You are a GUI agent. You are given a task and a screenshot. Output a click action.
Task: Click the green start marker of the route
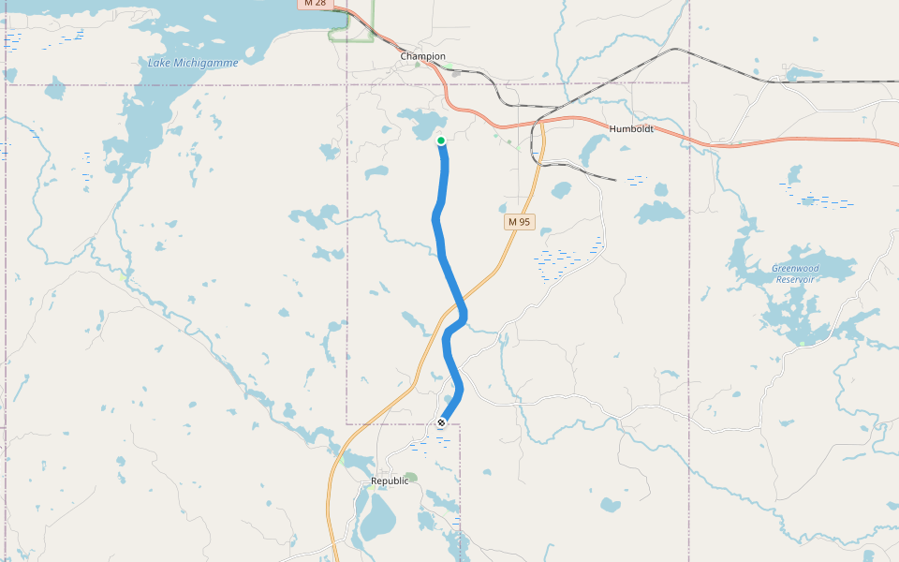[x=441, y=140]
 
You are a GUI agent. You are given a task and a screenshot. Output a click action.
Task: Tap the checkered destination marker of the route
[x=441, y=423]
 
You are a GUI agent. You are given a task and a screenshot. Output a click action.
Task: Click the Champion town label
[x=422, y=56]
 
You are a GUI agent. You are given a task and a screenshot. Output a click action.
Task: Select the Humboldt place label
[x=631, y=128]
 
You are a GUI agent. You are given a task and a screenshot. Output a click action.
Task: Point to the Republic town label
[x=390, y=481]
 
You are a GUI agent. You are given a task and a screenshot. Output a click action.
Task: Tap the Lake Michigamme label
[x=193, y=63]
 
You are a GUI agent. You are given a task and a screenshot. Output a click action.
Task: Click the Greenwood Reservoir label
[x=795, y=274]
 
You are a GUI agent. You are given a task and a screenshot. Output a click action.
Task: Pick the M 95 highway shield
[x=519, y=222]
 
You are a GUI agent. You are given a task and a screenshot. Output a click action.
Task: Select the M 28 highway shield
[x=314, y=4]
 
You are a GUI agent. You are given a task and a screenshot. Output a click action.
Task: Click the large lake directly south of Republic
[x=377, y=518]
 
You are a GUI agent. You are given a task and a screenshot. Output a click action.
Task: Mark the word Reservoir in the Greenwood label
[x=795, y=279]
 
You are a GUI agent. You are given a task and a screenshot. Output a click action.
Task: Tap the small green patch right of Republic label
[x=411, y=477]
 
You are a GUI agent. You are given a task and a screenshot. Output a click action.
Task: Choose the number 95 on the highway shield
[x=524, y=222]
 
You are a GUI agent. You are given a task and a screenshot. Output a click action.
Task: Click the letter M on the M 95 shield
[x=512, y=222]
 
